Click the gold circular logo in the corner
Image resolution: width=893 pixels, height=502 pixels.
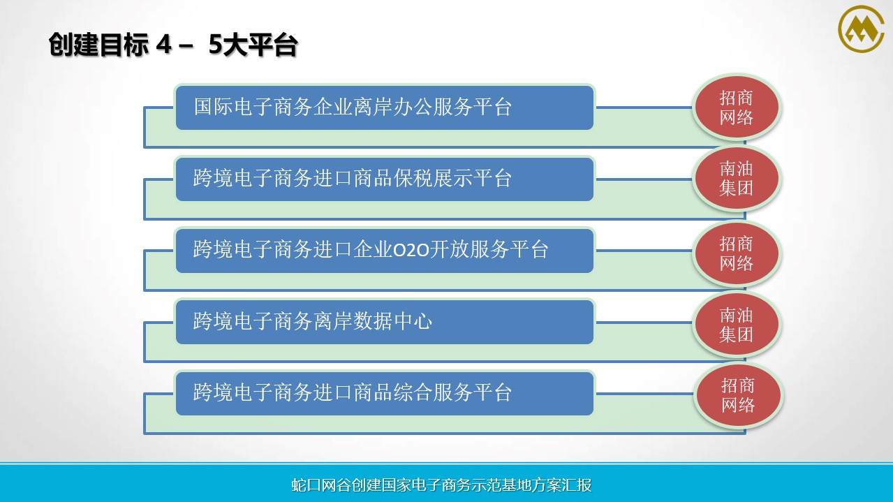click(x=861, y=29)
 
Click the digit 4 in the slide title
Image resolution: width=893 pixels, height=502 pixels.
click(x=164, y=44)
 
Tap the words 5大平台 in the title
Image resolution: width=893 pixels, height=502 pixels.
click(x=253, y=44)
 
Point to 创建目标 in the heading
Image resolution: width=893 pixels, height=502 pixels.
click(x=98, y=44)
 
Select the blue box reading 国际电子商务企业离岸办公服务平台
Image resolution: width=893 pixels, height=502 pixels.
click(x=385, y=108)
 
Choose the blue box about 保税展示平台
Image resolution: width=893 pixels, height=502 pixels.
click(x=385, y=179)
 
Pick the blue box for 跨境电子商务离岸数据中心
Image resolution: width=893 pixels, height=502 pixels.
click(x=385, y=322)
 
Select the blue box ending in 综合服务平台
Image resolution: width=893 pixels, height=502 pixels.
click(x=385, y=393)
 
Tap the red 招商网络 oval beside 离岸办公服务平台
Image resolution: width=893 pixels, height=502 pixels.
click(x=737, y=108)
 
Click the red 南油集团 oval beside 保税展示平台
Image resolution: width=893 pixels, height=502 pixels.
click(x=737, y=178)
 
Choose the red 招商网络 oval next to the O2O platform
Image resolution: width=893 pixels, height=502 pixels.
click(x=737, y=253)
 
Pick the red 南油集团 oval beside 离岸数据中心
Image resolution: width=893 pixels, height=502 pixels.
click(x=737, y=325)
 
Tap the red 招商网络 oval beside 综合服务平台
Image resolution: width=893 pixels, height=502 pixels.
click(x=738, y=395)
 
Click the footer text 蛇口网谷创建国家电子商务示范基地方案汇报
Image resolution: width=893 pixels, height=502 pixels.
click(x=441, y=485)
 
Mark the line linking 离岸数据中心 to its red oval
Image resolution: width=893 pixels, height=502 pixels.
click(x=644, y=322)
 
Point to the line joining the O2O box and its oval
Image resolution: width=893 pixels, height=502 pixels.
click(x=644, y=251)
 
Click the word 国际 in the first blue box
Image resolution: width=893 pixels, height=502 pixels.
click(x=214, y=107)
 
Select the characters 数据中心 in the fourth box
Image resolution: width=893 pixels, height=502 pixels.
click(x=393, y=321)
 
